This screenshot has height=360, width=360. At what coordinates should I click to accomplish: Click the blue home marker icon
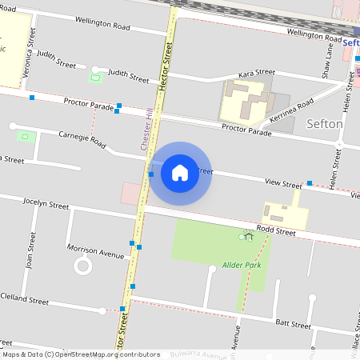click(x=180, y=172)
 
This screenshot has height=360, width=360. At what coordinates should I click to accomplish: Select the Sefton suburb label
click(x=325, y=124)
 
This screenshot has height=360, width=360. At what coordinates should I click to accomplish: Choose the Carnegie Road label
click(x=82, y=140)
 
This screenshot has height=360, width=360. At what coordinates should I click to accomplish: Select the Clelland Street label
click(x=24, y=299)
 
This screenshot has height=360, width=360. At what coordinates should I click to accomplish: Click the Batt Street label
click(x=293, y=324)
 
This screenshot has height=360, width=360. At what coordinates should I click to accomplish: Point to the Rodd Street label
click(x=277, y=232)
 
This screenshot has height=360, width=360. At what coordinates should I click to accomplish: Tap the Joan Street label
click(x=32, y=251)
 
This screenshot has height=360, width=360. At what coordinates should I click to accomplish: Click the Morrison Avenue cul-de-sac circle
click(x=83, y=266)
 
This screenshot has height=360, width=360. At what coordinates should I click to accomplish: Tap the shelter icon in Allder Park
click(x=249, y=236)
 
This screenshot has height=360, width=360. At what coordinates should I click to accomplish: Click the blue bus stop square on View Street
click(x=309, y=183)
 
